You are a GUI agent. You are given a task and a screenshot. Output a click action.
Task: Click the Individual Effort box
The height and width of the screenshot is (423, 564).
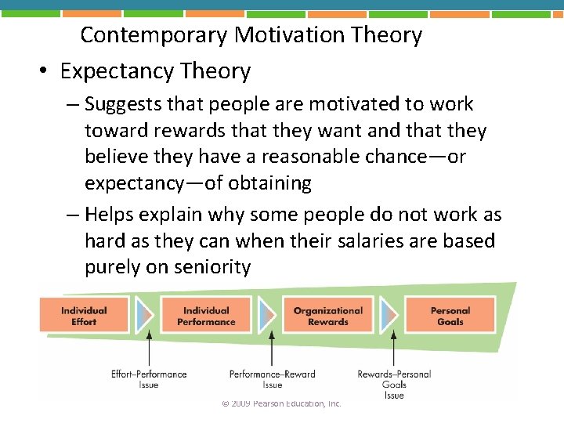pos(84,316)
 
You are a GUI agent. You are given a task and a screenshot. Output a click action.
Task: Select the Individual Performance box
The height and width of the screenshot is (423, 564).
pos(206,316)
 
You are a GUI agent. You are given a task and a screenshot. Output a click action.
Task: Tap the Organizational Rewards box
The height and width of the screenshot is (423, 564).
pos(328,316)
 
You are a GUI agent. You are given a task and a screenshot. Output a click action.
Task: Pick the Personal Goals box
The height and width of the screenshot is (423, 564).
pos(450,316)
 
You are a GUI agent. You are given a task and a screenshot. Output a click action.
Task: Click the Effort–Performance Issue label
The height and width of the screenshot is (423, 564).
pos(149,379)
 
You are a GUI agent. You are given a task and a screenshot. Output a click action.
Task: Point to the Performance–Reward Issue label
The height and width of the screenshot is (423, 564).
pos(272,379)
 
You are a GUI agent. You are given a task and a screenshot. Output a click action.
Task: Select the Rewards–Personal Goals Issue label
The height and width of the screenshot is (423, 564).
pos(394,384)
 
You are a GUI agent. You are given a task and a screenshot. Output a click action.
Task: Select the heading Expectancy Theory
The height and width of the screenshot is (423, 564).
pos(155,71)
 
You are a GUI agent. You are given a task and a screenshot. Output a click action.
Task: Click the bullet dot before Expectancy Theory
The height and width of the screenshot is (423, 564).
pos(43,72)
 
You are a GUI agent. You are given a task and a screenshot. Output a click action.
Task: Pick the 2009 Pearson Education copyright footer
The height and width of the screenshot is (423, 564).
pos(281,403)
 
